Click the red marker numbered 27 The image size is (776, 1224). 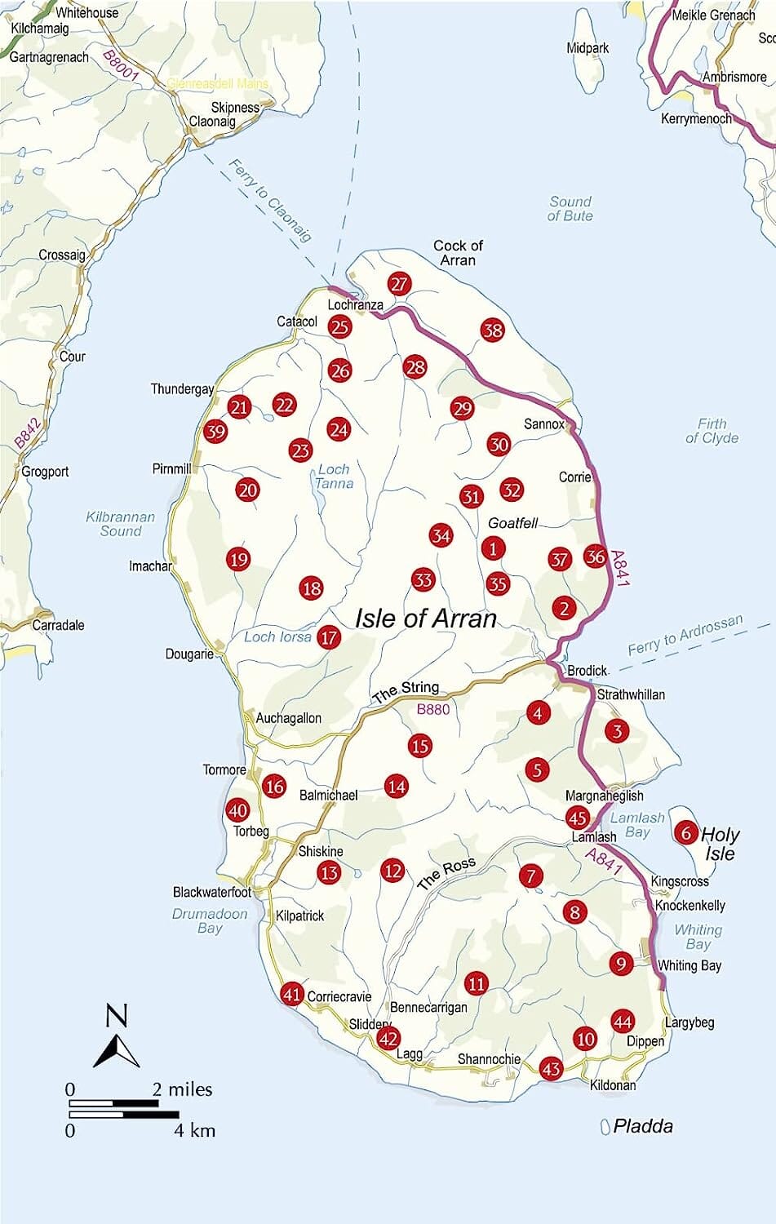pos(399,284)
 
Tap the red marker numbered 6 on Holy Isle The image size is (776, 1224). pos(685,832)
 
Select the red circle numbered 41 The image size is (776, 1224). pos(292,994)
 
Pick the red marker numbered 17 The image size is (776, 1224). pos(329,637)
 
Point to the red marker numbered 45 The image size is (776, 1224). pos(578,818)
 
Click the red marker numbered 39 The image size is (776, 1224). pos(215,432)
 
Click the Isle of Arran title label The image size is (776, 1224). pos(426,618)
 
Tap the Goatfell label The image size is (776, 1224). pos(512,523)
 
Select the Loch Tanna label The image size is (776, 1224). pos(334,476)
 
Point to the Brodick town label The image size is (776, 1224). pos(587,671)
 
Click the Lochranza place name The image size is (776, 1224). pos(355,304)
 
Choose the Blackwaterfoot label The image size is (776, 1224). pos(212,892)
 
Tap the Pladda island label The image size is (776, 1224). pos(643,1126)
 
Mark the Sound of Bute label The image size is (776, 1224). pos(570,209)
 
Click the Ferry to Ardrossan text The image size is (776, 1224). pos(685,635)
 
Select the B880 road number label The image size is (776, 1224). pos(433,709)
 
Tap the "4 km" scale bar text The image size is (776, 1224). pos(195,1130)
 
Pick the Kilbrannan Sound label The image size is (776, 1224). pos(121,524)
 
